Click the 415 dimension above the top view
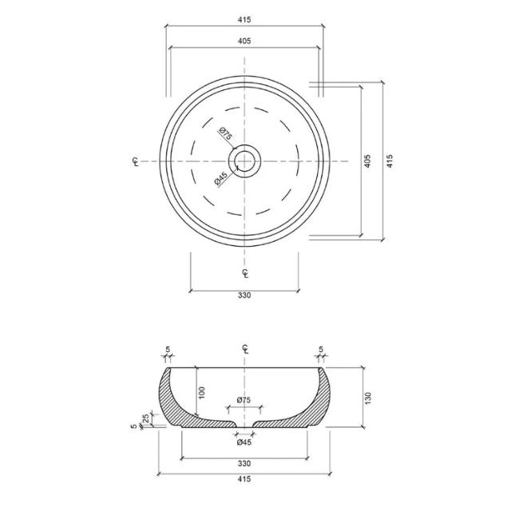click(244, 18)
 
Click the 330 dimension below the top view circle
click(244, 295)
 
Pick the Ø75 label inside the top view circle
click(225, 137)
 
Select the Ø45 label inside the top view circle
click(220, 180)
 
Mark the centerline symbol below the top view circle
click(244, 272)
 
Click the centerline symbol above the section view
click(244, 348)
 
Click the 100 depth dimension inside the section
click(203, 392)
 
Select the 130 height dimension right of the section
click(367, 397)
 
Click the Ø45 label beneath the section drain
click(244, 442)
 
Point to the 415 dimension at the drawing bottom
click(244, 479)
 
